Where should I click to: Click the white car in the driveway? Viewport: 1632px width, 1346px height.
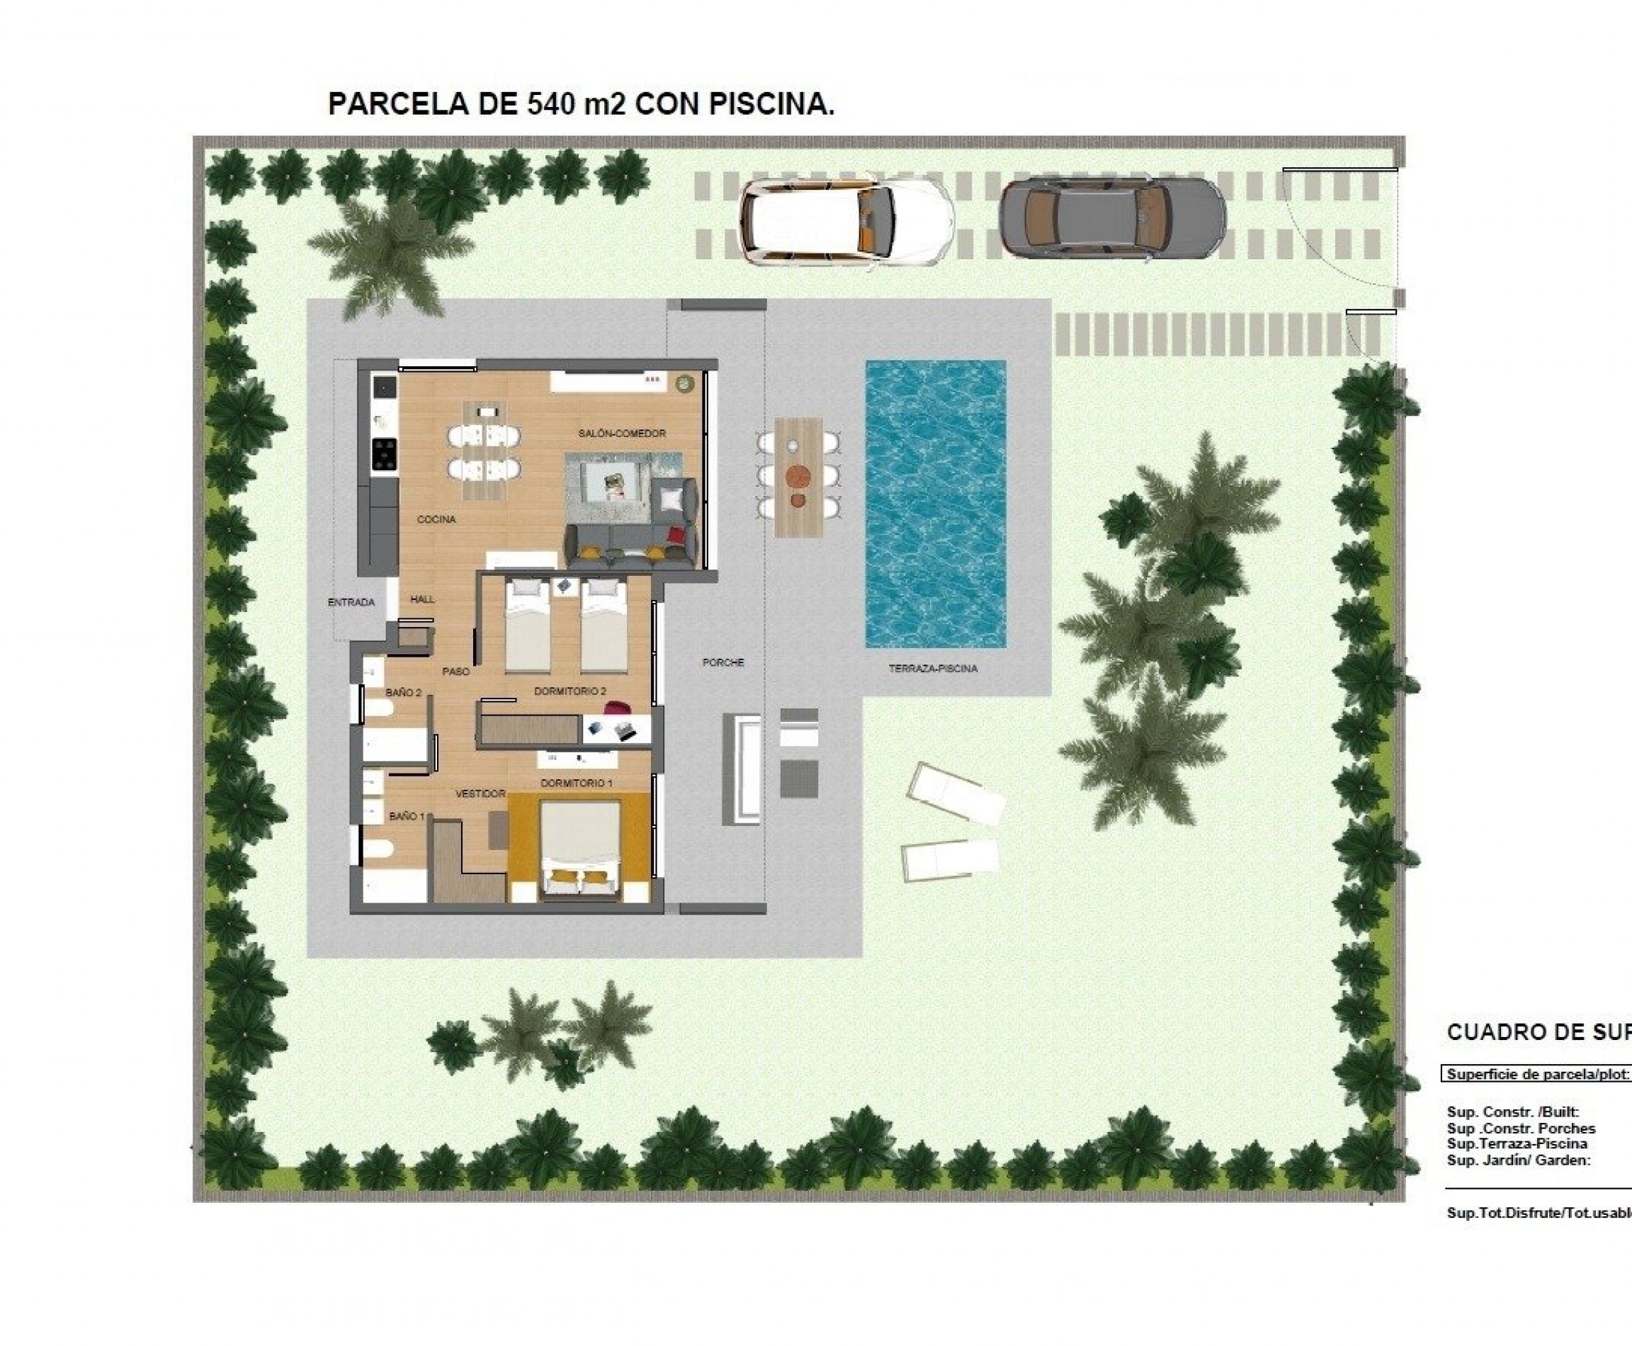pos(846,224)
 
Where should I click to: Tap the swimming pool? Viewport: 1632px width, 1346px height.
pos(935,504)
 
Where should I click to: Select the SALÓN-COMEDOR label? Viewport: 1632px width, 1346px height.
pos(622,434)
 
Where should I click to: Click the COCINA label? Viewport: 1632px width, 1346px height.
pos(436,519)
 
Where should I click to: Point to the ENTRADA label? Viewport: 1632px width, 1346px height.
pos(351,602)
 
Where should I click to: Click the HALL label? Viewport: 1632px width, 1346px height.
pos(423,599)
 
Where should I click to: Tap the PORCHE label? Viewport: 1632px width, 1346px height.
pos(722,663)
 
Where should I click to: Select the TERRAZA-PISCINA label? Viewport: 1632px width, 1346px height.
pos(933,668)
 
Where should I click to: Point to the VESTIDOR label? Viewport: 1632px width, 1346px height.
pos(480,794)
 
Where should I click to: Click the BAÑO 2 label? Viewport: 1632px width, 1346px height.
pos(403,692)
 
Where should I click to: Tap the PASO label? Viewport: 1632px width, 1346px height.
pos(456,672)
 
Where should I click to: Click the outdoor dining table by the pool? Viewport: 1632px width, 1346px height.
pos(798,477)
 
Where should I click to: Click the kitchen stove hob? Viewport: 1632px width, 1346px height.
pos(385,454)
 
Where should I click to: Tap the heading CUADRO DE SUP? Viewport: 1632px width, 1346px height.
pos(1538,1032)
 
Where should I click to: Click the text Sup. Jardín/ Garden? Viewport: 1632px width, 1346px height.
pos(1518,1160)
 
